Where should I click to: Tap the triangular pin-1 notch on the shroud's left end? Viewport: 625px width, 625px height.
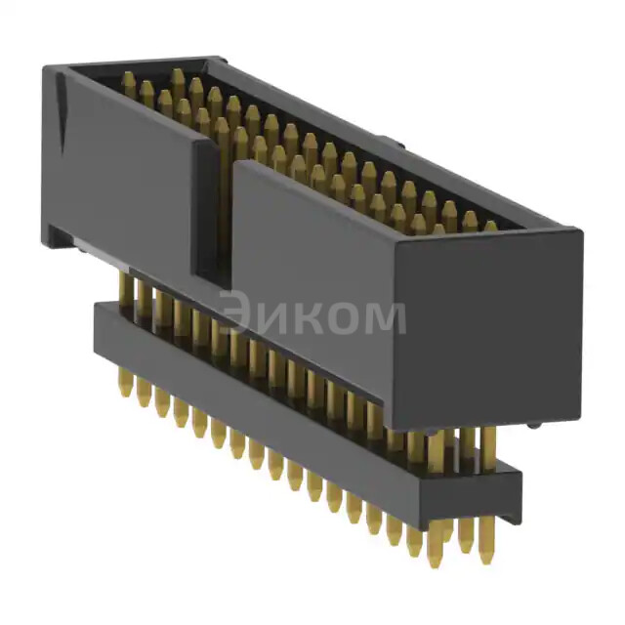click(60, 107)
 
